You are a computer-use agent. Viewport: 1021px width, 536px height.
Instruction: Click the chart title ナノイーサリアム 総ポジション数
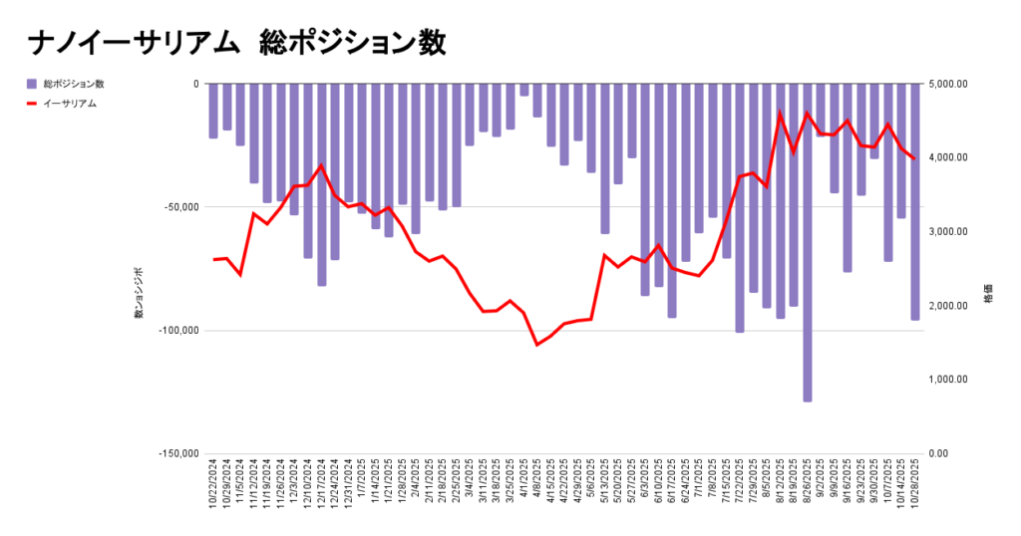236,43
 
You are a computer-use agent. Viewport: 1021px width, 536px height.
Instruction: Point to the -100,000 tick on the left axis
177,331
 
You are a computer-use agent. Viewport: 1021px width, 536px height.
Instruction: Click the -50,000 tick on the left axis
179,207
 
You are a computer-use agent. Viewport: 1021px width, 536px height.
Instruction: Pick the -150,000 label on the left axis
177,453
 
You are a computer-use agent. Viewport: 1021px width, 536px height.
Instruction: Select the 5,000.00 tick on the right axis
948,84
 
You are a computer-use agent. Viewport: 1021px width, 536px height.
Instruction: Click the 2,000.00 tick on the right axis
948,306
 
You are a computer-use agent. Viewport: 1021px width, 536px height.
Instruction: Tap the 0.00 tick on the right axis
941,453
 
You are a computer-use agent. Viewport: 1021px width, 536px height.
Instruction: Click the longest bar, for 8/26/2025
808,242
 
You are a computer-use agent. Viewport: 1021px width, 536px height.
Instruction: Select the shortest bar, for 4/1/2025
523,90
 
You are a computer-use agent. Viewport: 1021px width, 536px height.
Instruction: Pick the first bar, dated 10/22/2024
213,111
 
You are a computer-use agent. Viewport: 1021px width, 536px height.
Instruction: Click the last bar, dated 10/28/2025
915,201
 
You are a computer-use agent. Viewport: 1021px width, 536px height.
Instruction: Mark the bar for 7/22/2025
740,207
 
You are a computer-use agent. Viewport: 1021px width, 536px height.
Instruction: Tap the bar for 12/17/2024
321,184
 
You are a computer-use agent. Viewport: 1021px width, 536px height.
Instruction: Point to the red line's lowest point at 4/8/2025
537,345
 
